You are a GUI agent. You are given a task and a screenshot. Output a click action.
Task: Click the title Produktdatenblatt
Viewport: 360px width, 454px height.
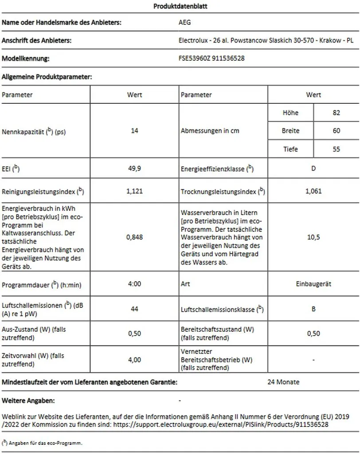[180, 7]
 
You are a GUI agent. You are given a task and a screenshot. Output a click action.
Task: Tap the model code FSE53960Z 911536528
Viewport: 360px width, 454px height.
[211, 59]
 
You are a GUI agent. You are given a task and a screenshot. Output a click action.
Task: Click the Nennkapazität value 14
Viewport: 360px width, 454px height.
[135, 131]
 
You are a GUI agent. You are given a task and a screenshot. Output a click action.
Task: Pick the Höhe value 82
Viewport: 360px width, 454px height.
[336, 113]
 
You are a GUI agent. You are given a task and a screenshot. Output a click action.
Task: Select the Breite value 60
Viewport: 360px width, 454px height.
[336, 131]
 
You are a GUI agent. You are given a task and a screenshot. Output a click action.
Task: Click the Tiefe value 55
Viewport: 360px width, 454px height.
[336, 149]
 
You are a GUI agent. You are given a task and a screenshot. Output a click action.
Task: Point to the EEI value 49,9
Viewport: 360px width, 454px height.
[135, 168]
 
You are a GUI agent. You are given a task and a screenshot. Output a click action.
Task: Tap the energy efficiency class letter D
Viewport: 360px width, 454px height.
[313, 169]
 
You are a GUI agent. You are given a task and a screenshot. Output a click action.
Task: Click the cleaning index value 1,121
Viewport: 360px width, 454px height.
[135, 192]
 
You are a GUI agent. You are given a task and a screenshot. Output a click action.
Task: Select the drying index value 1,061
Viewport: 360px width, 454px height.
[313, 192]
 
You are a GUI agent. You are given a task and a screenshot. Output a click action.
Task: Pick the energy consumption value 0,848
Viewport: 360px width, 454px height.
[135, 237]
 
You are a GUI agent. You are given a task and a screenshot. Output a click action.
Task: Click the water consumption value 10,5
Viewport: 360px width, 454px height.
[313, 237]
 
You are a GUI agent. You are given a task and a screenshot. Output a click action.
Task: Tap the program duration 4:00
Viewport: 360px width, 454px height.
[135, 284]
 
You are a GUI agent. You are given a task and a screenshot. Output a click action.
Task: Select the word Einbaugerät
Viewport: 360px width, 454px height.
[313, 284]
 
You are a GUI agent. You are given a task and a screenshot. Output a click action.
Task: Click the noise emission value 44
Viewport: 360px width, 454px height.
[135, 309]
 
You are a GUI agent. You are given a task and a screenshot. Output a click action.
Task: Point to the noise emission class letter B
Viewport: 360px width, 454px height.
[313, 309]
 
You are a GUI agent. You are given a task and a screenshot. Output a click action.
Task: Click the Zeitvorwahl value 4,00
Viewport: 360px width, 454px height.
[135, 360]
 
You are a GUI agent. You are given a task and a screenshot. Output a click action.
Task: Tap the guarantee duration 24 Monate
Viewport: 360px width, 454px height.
[283, 382]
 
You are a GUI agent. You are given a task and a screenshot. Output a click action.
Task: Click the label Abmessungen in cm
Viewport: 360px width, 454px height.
[207, 131]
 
